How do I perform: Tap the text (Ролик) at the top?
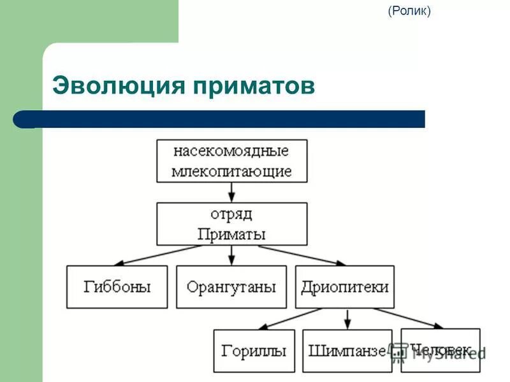(x=409, y=11)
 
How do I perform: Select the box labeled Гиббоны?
(x=117, y=287)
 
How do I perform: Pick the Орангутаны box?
(x=231, y=287)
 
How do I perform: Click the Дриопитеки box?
(x=346, y=287)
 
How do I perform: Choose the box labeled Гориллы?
(x=254, y=351)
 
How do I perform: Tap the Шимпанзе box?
(x=347, y=351)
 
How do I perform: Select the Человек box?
(x=441, y=350)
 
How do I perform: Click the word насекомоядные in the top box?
(x=231, y=152)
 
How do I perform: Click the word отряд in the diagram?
(x=231, y=215)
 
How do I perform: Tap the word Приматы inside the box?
(x=231, y=234)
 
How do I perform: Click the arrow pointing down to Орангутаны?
(x=231, y=255)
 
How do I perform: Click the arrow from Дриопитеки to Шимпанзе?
(x=347, y=319)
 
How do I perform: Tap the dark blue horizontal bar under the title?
(x=220, y=119)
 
